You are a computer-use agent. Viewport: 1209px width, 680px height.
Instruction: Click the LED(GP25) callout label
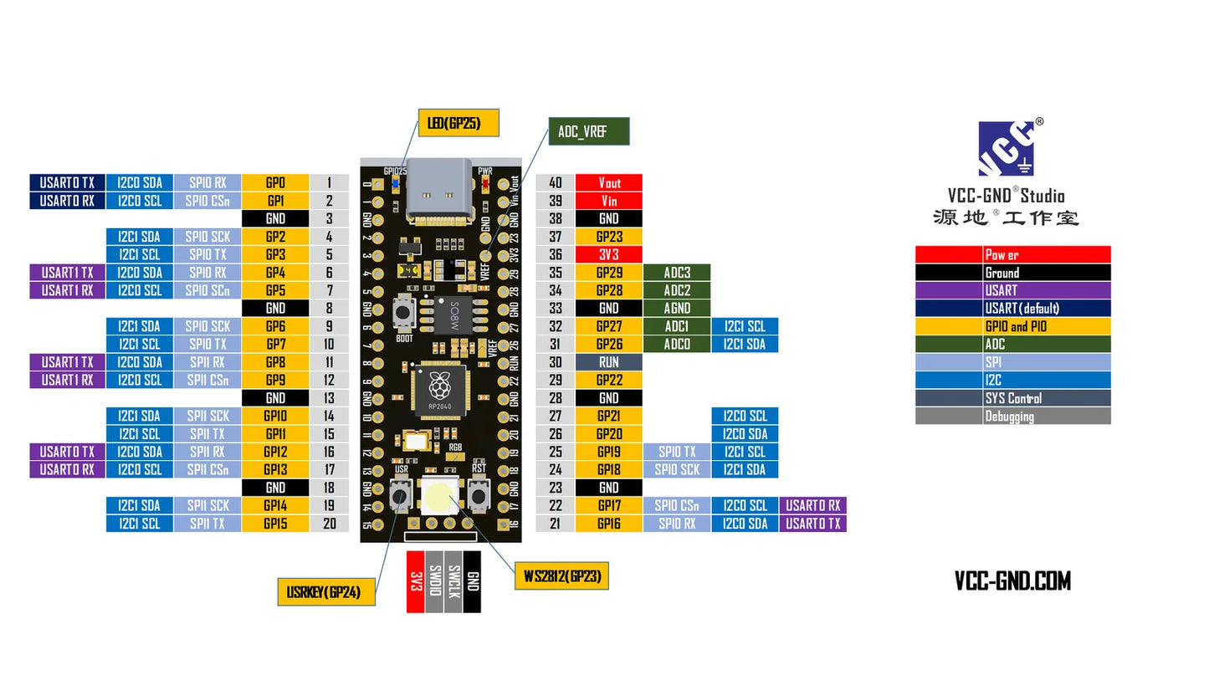click(x=458, y=124)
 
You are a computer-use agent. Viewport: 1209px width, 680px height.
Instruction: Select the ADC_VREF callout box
click(x=587, y=132)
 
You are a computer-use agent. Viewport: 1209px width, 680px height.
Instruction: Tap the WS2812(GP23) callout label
click(x=560, y=576)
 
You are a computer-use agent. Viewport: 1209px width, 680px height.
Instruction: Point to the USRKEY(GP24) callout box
click(x=325, y=591)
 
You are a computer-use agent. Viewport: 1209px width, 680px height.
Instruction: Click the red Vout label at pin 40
click(x=609, y=182)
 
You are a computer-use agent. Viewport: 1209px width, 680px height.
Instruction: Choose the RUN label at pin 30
click(x=609, y=362)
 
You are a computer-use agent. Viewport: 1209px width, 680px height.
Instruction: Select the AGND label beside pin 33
click(x=677, y=309)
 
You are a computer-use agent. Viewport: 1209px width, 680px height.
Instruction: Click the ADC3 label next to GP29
click(x=677, y=273)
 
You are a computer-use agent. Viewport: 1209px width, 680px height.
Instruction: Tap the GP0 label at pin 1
click(x=275, y=182)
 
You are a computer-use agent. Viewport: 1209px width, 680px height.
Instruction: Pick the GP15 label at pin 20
click(x=275, y=524)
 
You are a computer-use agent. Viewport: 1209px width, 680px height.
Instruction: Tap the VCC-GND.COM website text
click(x=1012, y=581)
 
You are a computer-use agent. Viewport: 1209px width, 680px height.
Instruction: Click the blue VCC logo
click(x=1007, y=149)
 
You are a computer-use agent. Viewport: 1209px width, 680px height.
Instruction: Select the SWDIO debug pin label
click(x=434, y=581)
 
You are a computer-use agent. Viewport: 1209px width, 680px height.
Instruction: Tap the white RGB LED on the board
click(x=439, y=498)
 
